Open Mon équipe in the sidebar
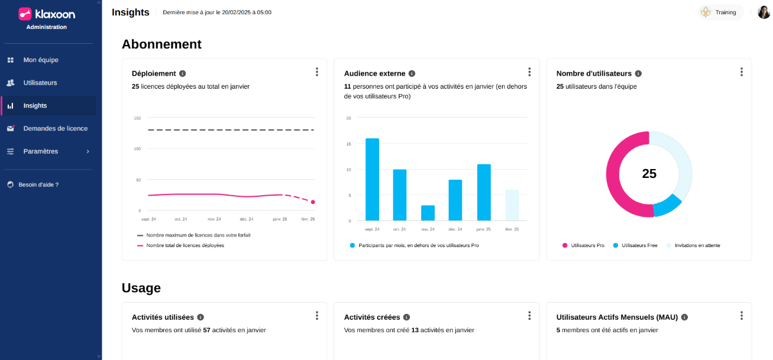[x=40, y=60]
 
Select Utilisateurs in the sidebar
[x=40, y=83]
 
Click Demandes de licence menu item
[x=55, y=128]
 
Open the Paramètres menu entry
[x=40, y=151]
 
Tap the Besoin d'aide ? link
[x=38, y=184]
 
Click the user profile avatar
[x=764, y=12]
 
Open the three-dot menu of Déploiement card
[x=317, y=72]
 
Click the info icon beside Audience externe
[x=412, y=74]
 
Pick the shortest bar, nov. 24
[x=428, y=213]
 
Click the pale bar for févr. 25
[x=512, y=205]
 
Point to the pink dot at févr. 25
[x=313, y=202]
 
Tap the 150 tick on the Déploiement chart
[x=137, y=118]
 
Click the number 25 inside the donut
[x=649, y=174]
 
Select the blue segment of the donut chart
[x=668, y=206]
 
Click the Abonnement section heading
[x=161, y=44]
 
